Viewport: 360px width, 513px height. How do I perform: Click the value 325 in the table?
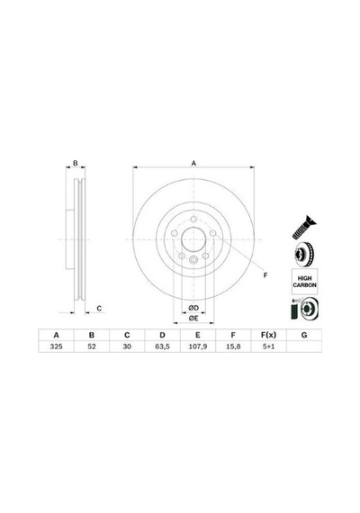point(57,346)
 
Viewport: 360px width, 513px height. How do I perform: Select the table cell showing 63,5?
point(162,346)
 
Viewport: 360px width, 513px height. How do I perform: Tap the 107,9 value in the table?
point(198,346)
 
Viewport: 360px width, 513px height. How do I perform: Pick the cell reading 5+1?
point(268,346)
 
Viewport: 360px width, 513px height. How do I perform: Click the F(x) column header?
point(268,335)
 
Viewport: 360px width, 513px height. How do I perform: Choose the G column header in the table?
point(304,335)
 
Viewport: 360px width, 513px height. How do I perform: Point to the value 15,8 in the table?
point(233,346)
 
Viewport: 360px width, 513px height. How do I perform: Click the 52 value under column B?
point(92,346)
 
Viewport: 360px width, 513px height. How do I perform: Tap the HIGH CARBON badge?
point(304,282)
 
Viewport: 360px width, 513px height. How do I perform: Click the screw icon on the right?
point(304,227)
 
